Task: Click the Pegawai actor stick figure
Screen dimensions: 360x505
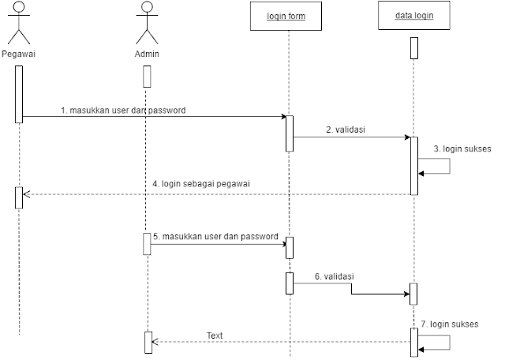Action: coord(19,24)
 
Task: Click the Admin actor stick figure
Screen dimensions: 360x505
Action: coord(146,24)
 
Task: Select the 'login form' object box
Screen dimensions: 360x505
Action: coord(286,17)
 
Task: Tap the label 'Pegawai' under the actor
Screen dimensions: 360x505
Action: coord(19,54)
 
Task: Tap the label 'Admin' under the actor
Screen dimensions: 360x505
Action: coord(147,54)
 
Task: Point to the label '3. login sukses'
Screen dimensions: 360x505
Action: coord(462,148)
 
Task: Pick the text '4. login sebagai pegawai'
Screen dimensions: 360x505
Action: coord(201,184)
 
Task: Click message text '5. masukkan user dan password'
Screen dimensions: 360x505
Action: coord(215,236)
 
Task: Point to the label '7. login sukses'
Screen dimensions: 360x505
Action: coord(449,324)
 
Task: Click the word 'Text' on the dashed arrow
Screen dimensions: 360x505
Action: coord(215,336)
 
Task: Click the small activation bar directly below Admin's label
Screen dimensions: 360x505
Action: coord(147,76)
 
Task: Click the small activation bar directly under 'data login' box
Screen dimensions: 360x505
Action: coord(413,48)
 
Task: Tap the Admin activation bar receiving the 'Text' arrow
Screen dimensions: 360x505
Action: coord(148,342)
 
